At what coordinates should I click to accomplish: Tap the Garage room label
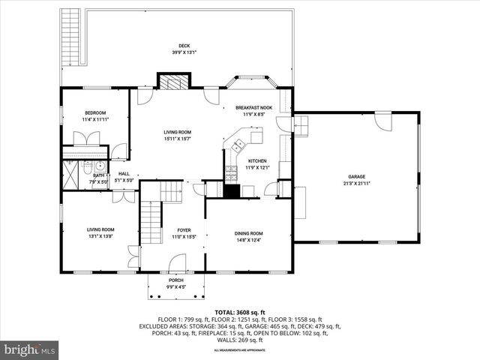pyautogui.click(x=356, y=177)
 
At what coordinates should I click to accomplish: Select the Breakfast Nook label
pyautogui.click(x=253, y=107)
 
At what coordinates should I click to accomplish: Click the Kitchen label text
pyautogui.click(x=257, y=160)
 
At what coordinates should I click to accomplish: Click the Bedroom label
pyautogui.click(x=95, y=112)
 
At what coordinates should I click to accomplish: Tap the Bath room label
pyautogui.click(x=98, y=175)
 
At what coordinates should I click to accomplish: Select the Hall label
pyautogui.click(x=124, y=174)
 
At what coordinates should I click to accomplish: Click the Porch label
pyautogui.click(x=175, y=280)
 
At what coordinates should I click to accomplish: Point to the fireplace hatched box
pyautogui.click(x=174, y=82)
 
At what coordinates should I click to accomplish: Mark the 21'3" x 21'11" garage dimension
pyautogui.click(x=356, y=183)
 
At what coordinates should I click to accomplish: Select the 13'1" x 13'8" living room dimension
pyautogui.click(x=100, y=235)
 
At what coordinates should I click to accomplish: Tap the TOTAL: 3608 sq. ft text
pyautogui.click(x=240, y=312)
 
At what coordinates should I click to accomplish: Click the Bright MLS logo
pyautogui.click(x=30, y=349)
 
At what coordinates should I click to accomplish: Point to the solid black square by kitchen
pyautogui.click(x=232, y=190)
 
